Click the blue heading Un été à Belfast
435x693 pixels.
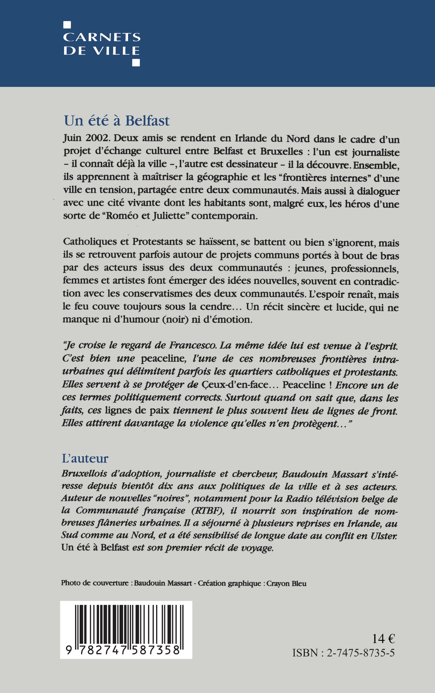pyautogui.click(x=117, y=121)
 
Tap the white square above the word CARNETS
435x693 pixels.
pyautogui.click(x=67, y=25)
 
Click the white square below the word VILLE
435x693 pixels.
pyautogui.click(x=136, y=63)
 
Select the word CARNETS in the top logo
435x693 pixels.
pyautogui.click(x=102, y=37)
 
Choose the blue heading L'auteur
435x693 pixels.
pyautogui.click(x=85, y=459)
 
